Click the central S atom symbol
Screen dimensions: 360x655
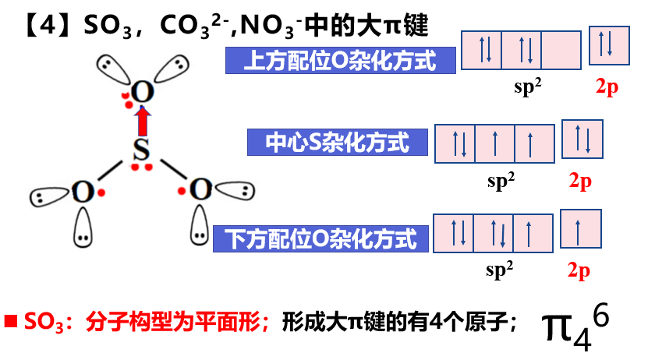140,150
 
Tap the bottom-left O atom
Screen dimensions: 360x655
81,192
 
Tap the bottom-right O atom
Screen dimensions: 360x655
200,189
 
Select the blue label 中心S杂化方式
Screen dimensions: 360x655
338,142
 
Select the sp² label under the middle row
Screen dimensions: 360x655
501,181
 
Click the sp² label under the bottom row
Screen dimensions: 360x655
500,270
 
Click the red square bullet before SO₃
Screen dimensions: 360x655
12,320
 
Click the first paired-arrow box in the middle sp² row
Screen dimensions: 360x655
453,144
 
